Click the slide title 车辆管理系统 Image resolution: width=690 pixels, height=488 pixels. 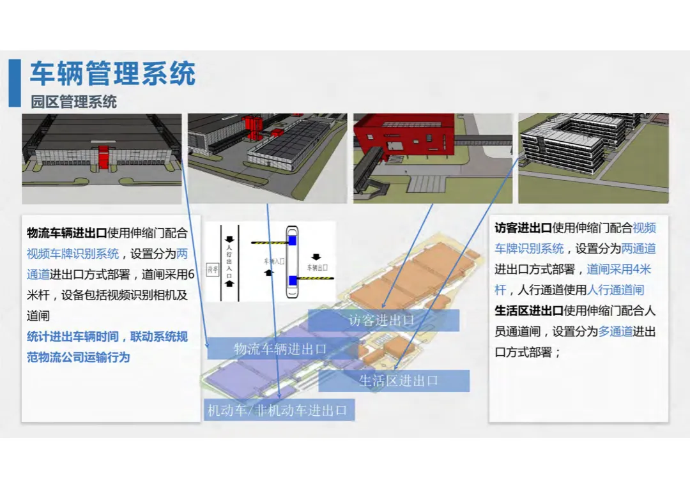112,74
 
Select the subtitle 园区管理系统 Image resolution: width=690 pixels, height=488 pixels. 73,102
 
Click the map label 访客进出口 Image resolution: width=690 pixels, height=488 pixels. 382,321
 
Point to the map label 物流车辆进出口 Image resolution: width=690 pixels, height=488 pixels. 280,349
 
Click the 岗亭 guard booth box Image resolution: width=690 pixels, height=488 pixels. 213,270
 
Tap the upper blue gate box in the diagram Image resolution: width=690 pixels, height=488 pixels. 292,241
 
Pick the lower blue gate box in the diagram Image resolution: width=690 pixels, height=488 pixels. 292,280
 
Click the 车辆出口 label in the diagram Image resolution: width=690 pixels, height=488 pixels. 317,268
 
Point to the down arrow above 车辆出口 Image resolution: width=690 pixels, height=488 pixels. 316,257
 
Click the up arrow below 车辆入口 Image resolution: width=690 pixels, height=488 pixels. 268,273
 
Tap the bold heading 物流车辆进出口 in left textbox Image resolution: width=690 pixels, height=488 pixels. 66,233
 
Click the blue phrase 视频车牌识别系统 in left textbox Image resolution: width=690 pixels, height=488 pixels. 73,254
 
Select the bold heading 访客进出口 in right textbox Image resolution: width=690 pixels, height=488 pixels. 523,228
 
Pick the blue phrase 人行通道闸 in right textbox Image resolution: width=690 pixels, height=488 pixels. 615,290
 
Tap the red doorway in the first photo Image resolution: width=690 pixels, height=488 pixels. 103,157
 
